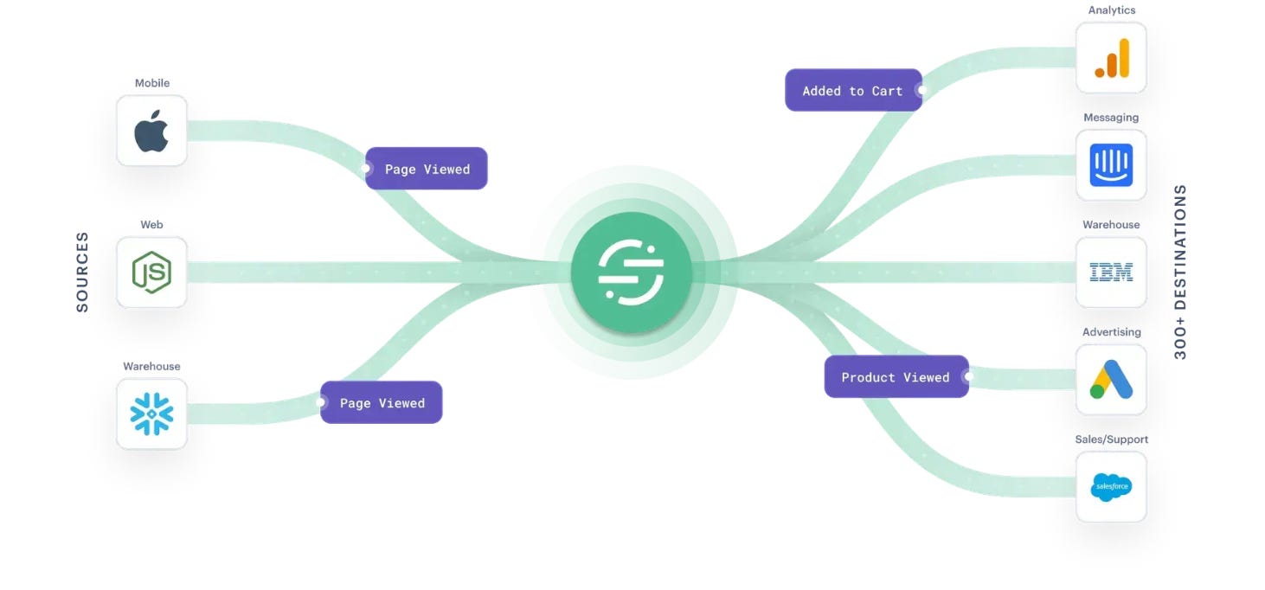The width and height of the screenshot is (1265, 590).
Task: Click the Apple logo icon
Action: pyautogui.click(x=151, y=131)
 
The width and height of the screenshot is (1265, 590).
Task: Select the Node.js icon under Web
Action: pyautogui.click(x=151, y=273)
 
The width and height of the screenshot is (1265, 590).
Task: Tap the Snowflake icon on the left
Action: pyautogui.click(x=151, y=414)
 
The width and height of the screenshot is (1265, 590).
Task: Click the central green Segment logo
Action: pyautogui.click(x=631, y=273)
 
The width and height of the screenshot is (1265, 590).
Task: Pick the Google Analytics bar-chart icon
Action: pyautogui.click(x=1111, y=58)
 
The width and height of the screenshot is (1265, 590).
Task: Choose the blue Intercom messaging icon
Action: pyautogui.click(x=1111, y=165)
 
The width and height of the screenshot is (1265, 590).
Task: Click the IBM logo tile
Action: pyautogui.click(x=1111, y=273)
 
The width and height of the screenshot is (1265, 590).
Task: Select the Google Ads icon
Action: pyautogui.click(x=1111, y=380)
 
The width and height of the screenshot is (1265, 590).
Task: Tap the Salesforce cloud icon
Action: pyautogui.click(x=1111, y=487)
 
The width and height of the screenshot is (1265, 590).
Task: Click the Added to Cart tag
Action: pyautogui.click(x=853, y=91)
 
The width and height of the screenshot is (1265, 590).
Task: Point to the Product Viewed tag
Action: pyautogui.click(x=896, y=377)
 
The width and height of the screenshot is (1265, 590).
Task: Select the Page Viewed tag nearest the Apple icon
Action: pyautogui.click(x=427, y=169)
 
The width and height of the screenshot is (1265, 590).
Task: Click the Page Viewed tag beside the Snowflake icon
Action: pyautogui.click(x=382, y=403)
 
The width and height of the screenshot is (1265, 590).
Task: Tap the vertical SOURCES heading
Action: pyautogui.click(x=82, y=272)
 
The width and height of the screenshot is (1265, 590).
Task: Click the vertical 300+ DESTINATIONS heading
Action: pyautogui.click(x=1181, y=272)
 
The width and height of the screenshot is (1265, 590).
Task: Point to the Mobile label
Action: pyautogui.click(x=151, y=83)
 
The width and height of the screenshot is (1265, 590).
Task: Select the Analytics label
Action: pyautogui.click(x=1111, y=10)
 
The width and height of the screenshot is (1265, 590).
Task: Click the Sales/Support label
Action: pyautogui.click(x=1111, y=439)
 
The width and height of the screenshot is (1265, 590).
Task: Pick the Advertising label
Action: pyautogui.click(x=1111, y=332)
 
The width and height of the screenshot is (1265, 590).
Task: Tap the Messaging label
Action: pyautogui.click(x=1111, y=118)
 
